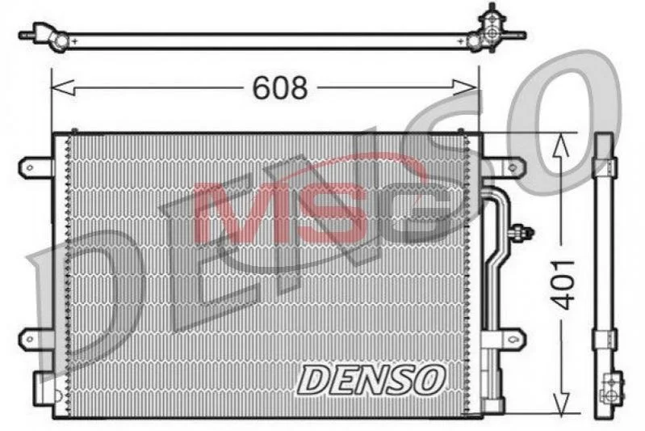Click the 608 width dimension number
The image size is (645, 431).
click(x=280, y=88)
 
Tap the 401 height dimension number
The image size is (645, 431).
click(x=563, y=285)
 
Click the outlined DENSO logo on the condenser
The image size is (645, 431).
click(x=371, y=379)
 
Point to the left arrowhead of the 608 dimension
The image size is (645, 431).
click(x=62, y=87)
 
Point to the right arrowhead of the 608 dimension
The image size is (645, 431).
click(x=465, y=87)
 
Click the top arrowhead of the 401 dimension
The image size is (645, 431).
click(x=561, y=144)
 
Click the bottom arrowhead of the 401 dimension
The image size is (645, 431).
click(x=561, y=403)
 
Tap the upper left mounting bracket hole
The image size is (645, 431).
click(x=30, y=167)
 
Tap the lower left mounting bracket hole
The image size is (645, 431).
click(x=30, y=340)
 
